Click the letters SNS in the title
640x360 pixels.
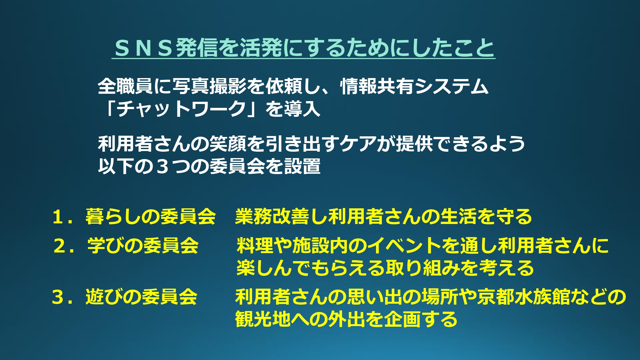pyautogui.click(x=143, y=48)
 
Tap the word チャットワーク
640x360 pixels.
pyautogui.click(x=181, y=109)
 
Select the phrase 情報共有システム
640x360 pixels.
pyautogui.click(x=414, y=86)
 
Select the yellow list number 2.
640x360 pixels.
pyautogui.click(x=60, y=246)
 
